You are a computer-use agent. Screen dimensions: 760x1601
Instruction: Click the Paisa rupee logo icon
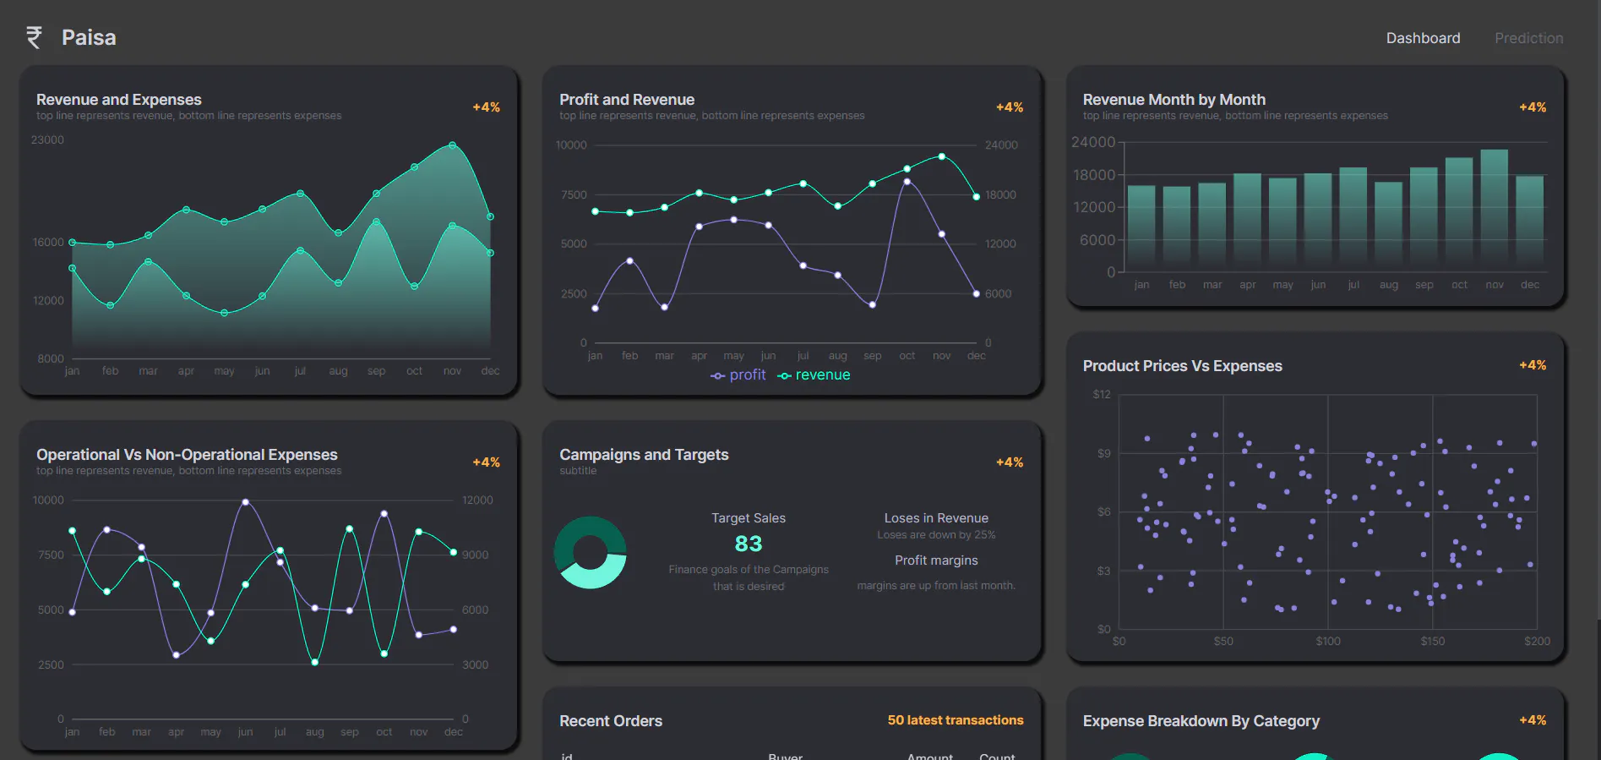pyautogui.click(x=34, y=37)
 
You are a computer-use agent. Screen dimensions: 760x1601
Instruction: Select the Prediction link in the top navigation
pyautogui.click(x=1528, y=38)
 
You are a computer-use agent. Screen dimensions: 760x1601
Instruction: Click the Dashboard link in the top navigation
pyautogui.click(x=1423, y=38)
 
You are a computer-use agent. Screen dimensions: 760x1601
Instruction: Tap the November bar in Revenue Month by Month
pyautogui.click(x=1494, y=207)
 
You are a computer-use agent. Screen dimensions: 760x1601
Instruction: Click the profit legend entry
pyautogui.click(x=738, y=375)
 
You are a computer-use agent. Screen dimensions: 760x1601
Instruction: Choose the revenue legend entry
pyautogui.click(x=814, y=375)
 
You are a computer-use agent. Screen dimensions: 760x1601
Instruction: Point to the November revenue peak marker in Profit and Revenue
pyautogui.click(x=941, y=156)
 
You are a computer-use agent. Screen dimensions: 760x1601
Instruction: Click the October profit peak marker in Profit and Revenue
pyautogui.click(x=907, y=182)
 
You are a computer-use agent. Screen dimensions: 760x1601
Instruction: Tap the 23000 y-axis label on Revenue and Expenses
pyautogui.click(x=47, y=140)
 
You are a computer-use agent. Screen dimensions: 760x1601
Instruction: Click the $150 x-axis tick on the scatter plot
pyautogui.click(x=1432, y=642)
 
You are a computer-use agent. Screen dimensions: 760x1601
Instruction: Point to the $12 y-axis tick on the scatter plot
pyautogui.click(x=1102, y=395)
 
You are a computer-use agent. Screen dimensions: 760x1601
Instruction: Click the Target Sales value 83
pyautogui.click(x=748, y=544)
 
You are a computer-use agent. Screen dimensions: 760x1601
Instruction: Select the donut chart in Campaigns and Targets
pyautogui.click(x=591, y=553)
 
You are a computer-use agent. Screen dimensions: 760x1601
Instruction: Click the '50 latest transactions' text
pyautogui.click(x=955, y=720)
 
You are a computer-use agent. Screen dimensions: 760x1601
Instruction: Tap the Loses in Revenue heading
pyautogui.click(x=936, y=518)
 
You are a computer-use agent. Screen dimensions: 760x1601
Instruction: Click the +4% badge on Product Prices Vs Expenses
pyautogui.click(x=1532, y=365)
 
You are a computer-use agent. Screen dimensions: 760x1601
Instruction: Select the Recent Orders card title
pyautogui.click(x=610, y=721)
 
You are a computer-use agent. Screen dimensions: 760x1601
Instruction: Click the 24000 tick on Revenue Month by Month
pyautogui.click(x=1092, y=142)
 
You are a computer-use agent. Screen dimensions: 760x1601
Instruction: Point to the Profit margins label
pyautogui.click(x=936, y=560)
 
